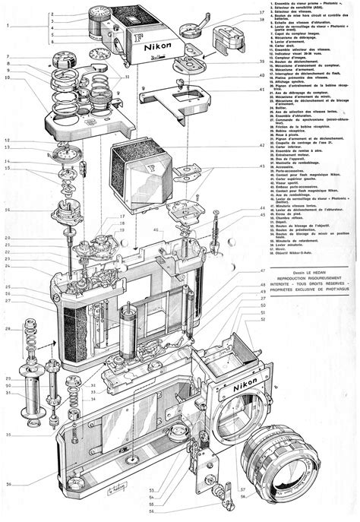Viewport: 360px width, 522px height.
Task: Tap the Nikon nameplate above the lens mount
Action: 245,388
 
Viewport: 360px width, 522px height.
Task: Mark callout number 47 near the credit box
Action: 263,270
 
